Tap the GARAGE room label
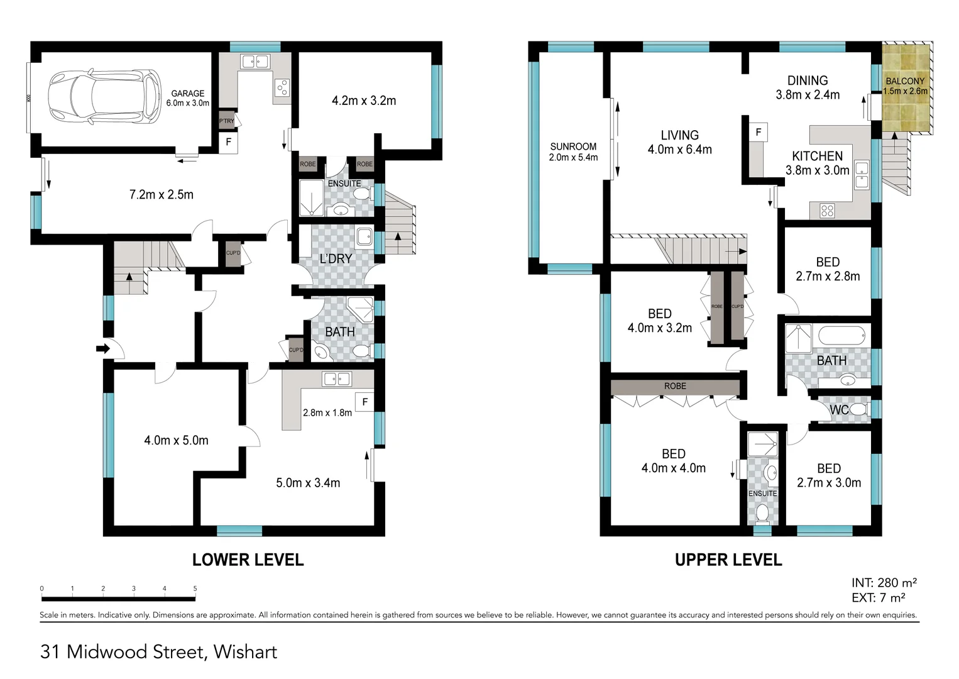click(187, 93)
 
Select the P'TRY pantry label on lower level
click(226, 121)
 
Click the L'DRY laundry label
click(336, 258)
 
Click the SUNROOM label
click(573, 146)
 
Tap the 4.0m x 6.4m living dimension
click(679, 150)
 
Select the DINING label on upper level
click(807, 80)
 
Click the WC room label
click(839, 410)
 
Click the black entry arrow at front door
click(102, 348)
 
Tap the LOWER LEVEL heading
click(248, 560)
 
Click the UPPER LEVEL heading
click(728, 560)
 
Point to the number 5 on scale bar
click(195, 588)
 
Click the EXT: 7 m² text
click(878, 598)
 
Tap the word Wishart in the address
click(245, 652)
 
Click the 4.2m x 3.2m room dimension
click(364, 101)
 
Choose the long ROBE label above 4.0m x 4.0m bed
click(675, 386)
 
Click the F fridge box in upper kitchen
click(759, 132)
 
